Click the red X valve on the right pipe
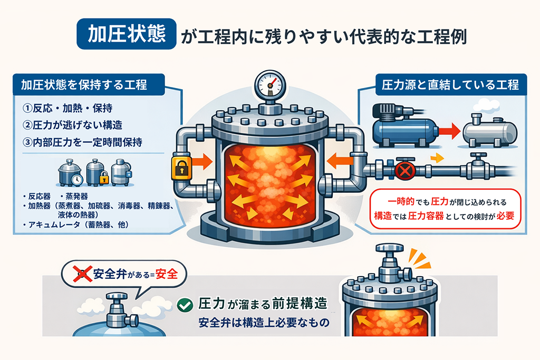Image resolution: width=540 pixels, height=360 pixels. pyautogui.click(x=405, y=170)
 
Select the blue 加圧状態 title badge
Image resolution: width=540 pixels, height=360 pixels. pyautogui.click(x=125, y=35)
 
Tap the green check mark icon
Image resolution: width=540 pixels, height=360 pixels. pyautogui.click(x=185, y=304)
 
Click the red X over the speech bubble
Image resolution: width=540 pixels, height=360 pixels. pyautogui.click(x=81, y=274)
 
